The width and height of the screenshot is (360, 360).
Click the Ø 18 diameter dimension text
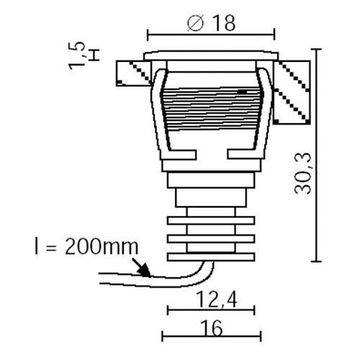click(x=211, y=23)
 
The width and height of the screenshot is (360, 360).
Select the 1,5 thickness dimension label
click(x=77, y=56)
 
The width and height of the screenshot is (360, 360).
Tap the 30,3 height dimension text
click(x=302, y=173)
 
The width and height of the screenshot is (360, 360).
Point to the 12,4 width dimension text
click(x=217, y=300)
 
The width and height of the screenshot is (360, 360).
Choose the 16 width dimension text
click(x=212, y=328)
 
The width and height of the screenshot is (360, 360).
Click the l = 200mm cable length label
click(x=86, y=247)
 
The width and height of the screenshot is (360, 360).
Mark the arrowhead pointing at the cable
click(x=145, y=271)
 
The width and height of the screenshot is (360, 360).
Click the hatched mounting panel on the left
click(x=133, y=73)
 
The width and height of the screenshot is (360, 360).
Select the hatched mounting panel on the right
click(x=292, y=92)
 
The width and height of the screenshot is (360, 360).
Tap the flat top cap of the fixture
click(x=211, y=55)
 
